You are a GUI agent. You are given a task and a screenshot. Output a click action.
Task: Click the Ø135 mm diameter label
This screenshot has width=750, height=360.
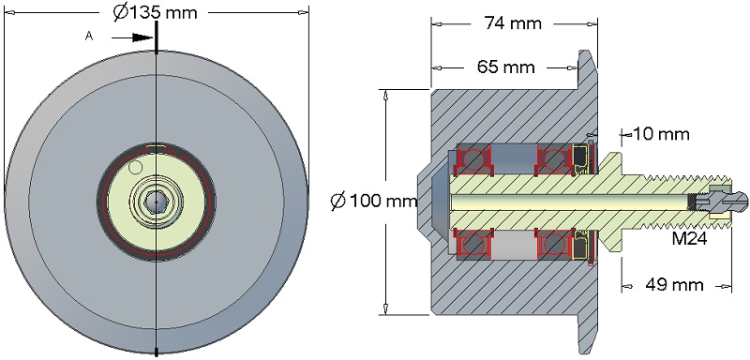(x=155, y=12)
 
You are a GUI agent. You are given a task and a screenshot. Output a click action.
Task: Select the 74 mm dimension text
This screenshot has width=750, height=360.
(x=513, y=22)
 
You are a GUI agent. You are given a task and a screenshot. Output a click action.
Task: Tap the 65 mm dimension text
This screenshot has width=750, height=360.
(x=505, y=67)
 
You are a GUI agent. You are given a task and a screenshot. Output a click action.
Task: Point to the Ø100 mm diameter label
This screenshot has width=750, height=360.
(x=374, y=201)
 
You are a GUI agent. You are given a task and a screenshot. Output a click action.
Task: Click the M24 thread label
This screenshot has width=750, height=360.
(x=689, y=238)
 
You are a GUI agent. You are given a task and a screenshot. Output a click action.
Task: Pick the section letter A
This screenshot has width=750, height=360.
(x=88, y=36)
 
